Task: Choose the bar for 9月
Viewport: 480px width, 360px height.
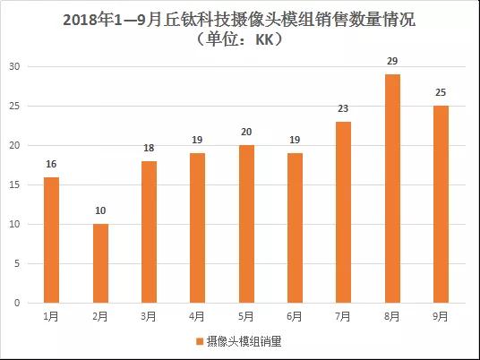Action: tap(441, 204)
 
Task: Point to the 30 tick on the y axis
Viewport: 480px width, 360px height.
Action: tap(15, 67)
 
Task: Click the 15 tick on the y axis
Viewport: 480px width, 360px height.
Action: tap(15, 185)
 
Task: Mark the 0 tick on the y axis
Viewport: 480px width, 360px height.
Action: tap(18, 304)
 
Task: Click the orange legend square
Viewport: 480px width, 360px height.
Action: tap(200, 341)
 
